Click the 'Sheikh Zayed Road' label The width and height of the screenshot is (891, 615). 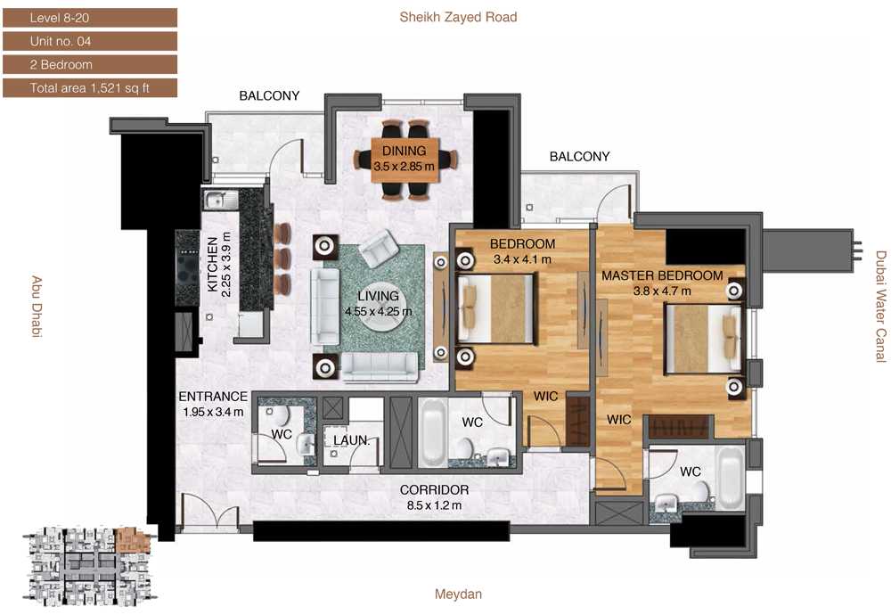[x=458, y=17]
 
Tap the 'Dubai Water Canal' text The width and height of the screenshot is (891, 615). [x=880, y=307]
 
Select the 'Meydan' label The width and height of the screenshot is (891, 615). [x=458, y=594]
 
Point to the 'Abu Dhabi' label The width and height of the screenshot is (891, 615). [x=37, y=307]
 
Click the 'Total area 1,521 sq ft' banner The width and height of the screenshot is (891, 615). [x=90, y=88]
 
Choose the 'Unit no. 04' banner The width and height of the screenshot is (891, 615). [x=90, y=42]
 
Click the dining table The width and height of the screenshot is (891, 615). [x=405, y=160]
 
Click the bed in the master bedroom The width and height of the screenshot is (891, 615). [x=704, y=339]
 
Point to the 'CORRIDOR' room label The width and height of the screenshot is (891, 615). [x=434, y=490]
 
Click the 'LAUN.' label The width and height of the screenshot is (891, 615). [x=351, y=440]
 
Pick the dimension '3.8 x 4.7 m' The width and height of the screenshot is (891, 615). [x=663, y=291]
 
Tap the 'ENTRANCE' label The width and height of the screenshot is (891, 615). [x=213, y=396]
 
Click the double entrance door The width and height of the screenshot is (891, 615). [x=209, y=512]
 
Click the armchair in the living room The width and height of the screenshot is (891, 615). [x=380, y=249]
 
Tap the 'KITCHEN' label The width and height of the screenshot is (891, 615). [x=213, y=265]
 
